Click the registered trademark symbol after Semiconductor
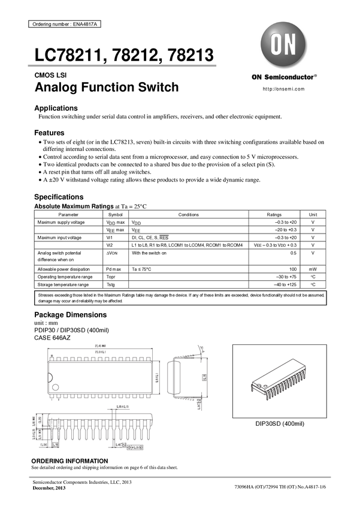click(316, 76)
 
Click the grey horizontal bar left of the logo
click(122, 65)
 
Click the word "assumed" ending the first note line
click(316, 295)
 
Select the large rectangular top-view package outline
click(102, 375)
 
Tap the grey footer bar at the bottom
click(180, 477)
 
